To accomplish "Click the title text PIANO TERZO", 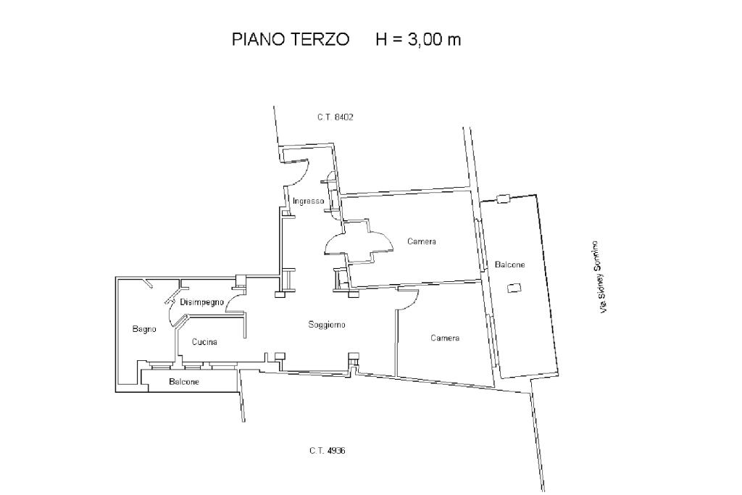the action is click(x=291, y=39).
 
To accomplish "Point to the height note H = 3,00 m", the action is click(x=418, y=39).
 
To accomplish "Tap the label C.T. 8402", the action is click(x=335, y=117).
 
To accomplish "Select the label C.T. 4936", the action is click(x=327, y=451).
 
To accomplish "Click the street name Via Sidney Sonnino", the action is click(x=599, y=277).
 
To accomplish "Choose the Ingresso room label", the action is click(x=308, y=201).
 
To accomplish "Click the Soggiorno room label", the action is click(x=327, y=325).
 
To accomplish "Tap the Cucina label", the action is click(x=204, y=341).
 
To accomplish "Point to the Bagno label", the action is click(x=144, y=329).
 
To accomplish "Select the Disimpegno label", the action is click(x=201, y=302).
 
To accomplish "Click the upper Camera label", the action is click(x=422, y=241).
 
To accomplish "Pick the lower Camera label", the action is click(x=445, y=338).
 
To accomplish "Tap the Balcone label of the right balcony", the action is click(x=509, y=265).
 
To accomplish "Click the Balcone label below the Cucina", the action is click(x=184, y=381).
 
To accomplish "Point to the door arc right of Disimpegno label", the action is click(x=233, y=305).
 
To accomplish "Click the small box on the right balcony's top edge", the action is click(x=503, y=199).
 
